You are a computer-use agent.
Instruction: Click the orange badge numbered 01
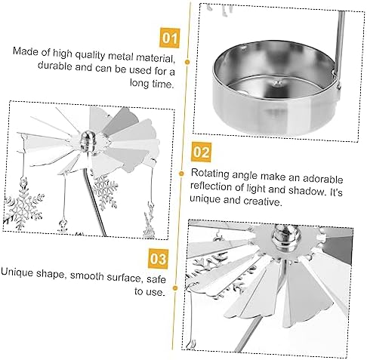pyautogui.click(x=169, y=38)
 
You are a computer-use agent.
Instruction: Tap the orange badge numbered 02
pyautogui.click(x=202, y=152)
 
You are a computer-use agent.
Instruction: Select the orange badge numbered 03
pyautogui.click(x=158, y=259)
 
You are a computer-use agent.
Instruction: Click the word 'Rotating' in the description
pyautogui.click(x=210, y=174)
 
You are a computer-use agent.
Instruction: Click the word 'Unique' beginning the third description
pyautogui.click(x=17, y=272)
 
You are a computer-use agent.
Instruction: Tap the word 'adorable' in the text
pyautogui.click(x=322, y=179)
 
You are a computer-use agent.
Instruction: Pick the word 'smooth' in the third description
pyautogui.click(x=87, y=276)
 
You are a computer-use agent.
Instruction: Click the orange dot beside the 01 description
pyautogui.click(x=187, y=62)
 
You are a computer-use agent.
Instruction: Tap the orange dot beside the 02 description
pyautogui.click(x=181, y=174)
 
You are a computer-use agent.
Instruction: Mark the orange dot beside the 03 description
pyautogui.click(x=175, y=288)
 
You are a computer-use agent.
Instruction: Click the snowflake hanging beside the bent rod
pyautogui.click(x=105, y=192)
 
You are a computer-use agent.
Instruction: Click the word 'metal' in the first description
pyautogui.click(x=121, y=56)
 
